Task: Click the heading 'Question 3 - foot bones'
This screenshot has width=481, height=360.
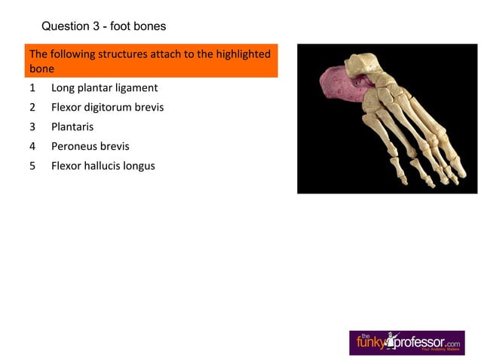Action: pyautogui.click(x=103, y=26)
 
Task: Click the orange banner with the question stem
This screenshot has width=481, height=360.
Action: pyautogui.click(x=152, y=61)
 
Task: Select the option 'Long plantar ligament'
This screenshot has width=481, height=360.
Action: pyautogui.click(x=104, y=87)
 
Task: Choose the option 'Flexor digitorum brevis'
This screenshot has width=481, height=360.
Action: pyautogui.click(x=107, y=107)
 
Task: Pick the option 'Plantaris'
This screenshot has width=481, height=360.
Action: pyautogui.click(x=72, y=127)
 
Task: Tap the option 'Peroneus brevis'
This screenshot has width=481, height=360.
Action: pyautogui.click(x=90, y=146)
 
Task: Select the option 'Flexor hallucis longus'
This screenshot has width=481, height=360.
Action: pyautogui.click(x=103, y=166)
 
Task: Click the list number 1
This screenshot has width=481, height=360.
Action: pyautogui.click(x=32, y=87)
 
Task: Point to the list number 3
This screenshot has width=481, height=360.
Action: pyautogui.click(x=32, y=127)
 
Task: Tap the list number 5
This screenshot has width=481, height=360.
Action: pyautogui.click(x=32, y=166)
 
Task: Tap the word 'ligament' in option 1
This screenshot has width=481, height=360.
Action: pyautogui.click(x=136, y=88)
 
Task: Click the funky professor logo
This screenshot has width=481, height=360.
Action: pyautogui.click(x=406, y=343)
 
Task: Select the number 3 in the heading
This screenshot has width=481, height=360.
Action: pyautogui.click(x=96, y=26)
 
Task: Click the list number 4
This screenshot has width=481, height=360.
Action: pyautogui.click(x=32, y=146)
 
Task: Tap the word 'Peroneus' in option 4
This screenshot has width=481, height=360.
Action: pyautogui.click(x=73, y=146)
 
